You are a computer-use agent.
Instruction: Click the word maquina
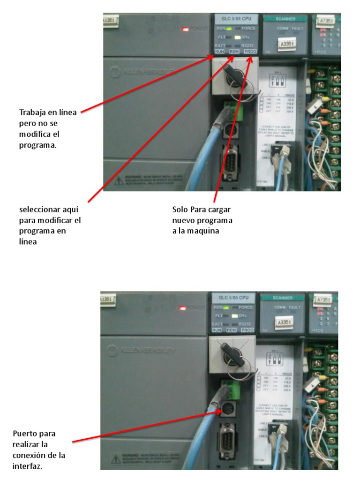(x=205, y=231)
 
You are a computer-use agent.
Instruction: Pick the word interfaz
(x=28, y=466)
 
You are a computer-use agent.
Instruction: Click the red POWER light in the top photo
(x=186, y=29)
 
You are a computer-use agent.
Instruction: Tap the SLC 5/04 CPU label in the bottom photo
(x=233, y=298)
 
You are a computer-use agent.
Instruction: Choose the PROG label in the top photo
(x=250, y=51)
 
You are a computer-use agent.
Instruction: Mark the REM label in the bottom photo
(x=231, y=330)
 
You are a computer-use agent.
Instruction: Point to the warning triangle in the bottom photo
(x=114, y=458)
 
